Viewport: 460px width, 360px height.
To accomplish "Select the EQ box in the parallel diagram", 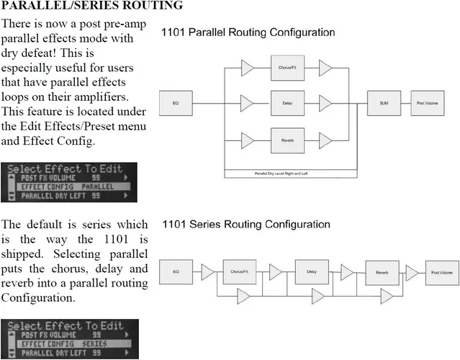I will [x=176, y=104].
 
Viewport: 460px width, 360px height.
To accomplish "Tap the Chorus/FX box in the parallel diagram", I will [x=284, y=68].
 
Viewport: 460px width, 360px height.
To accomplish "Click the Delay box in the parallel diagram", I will [x=284, y=104].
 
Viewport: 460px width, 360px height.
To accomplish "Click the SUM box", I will [x=384, y=104].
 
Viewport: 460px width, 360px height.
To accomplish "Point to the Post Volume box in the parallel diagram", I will [x=428, y=104].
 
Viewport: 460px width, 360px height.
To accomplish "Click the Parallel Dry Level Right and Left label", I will [x=290, y=173].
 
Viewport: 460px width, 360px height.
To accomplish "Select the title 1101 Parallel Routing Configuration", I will [x=248, y=33].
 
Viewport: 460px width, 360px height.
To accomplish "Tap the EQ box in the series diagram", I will [x=176, y=272].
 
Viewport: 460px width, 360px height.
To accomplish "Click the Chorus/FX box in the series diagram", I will [x=239, y=272].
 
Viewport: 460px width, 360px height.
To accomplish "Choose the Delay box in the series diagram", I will [x=312, y=272].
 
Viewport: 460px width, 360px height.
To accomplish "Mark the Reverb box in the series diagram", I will [x=382, y=272].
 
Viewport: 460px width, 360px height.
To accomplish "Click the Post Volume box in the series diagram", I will [x=441, y=272].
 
